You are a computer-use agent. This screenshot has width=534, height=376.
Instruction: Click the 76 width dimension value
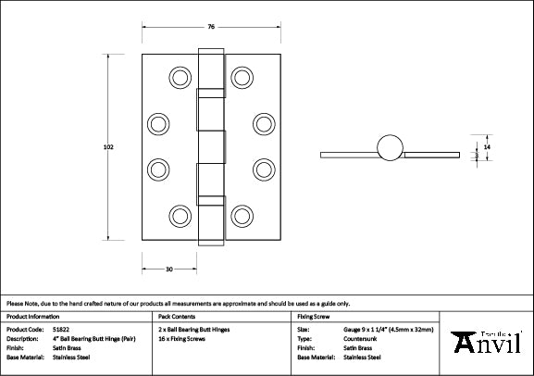click(211, 26)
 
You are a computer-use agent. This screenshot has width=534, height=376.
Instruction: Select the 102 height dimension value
click(109, 146)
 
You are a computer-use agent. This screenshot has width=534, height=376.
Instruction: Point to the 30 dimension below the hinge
click(168, 269)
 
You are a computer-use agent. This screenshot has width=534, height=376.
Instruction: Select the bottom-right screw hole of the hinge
click(242, 215)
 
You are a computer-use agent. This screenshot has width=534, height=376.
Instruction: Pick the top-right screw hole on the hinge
click(242, 76)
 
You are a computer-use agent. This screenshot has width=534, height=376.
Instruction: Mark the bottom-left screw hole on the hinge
click(179, 215)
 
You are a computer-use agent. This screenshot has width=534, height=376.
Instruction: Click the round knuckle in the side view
click(389, 146)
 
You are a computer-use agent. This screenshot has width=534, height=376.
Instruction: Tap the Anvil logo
click(488, 343)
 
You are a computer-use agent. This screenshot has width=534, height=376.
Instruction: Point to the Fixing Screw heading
click(313, 317)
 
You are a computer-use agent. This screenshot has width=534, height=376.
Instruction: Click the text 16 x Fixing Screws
click(181, 339)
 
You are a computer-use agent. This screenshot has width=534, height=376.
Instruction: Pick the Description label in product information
click(24, 339)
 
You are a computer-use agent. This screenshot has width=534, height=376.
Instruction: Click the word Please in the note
click(16, 303)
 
